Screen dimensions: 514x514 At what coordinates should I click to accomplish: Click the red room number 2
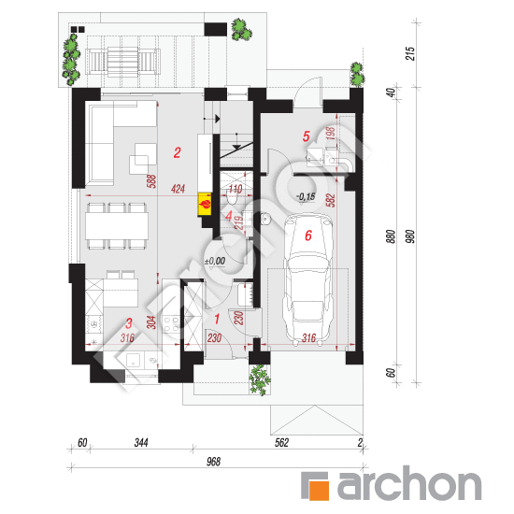(177, 152)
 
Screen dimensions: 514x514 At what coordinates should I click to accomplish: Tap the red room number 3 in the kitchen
(129, 323)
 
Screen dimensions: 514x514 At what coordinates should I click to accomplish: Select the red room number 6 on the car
(308, 236)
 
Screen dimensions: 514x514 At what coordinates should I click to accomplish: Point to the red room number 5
(307, 136)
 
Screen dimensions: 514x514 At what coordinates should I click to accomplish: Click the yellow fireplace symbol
(205, 205)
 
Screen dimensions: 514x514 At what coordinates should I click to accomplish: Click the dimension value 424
(178, 189)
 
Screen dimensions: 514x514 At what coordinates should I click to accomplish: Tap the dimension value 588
(151, 181)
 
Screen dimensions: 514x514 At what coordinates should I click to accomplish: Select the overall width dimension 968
(213, 462)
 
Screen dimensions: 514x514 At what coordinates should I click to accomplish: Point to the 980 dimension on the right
(410, 236)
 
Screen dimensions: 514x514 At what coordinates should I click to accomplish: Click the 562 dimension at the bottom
(281, 443)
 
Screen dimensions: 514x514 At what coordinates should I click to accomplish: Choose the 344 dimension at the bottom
(141, 443)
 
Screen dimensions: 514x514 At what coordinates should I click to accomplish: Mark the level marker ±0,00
(215, 262)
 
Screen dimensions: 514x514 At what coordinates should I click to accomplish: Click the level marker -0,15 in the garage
(306, 196)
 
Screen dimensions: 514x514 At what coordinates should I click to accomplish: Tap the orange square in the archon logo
(319, 491)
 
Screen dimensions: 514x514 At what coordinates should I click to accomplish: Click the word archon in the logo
(409, 483)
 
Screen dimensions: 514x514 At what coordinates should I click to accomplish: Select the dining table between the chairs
(117, 226)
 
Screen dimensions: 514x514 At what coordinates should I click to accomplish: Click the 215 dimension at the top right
(410, 53)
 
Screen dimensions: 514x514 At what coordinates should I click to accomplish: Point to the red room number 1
(217, 319)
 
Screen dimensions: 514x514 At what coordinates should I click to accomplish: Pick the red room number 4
(229, 216)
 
